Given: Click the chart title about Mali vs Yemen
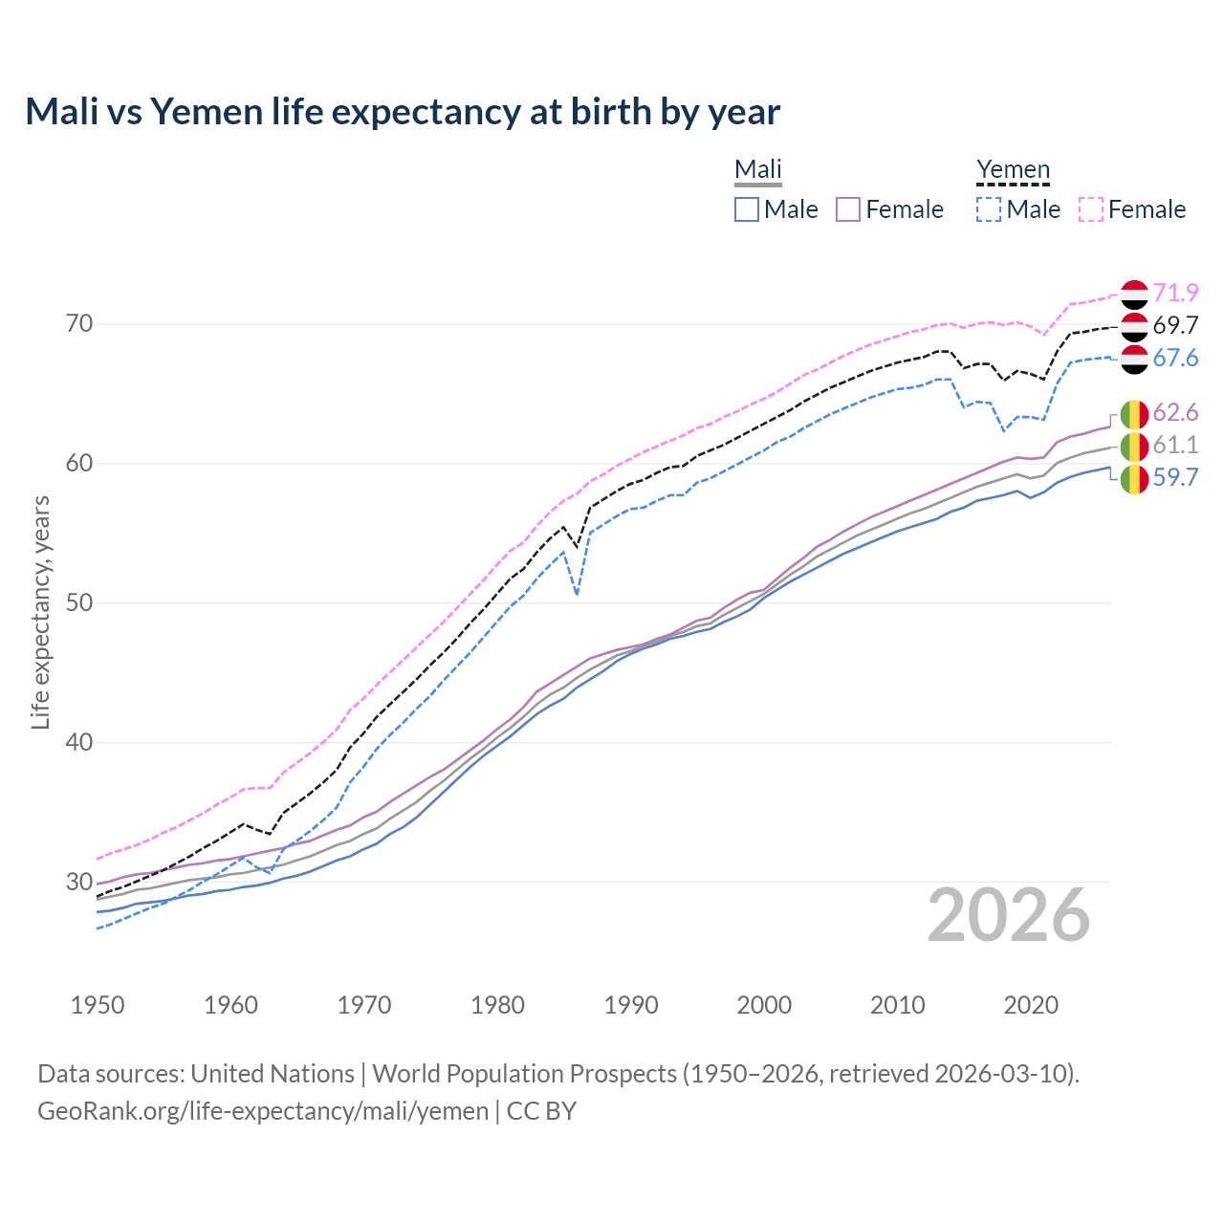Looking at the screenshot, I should (x=403, y=112).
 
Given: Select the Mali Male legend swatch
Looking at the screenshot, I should (x=747, y=209).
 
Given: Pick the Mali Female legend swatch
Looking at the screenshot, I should (x=848, y=209).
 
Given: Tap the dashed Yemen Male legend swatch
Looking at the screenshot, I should (x=989, y=209).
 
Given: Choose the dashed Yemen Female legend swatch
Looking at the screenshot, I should (x=1091, y=209).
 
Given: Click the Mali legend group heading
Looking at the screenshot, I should (x=757, y=169).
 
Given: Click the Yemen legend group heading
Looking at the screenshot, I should (x=1013, y=169).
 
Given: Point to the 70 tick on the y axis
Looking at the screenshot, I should (x=79, y=324).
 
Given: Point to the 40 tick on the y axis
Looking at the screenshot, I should (x=79, y=742).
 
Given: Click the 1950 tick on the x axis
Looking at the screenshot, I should (x=98, y=1005).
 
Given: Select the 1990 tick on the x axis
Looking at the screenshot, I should (x=631, y=1005).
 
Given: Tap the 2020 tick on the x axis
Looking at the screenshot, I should (x=1031, y=1005).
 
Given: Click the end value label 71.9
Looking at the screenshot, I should (x=1175, y=293).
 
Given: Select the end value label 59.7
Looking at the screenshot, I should (x=1175, y=477).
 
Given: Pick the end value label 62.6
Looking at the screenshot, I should (x=1175, y=412).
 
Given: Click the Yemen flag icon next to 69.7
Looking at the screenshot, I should (x=1134, y=326).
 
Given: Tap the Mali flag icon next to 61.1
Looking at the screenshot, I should (x=1134, y=445).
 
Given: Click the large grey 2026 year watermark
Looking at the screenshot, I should (x=1009, y=915).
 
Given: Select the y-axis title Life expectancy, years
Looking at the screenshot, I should (x=40, y=612).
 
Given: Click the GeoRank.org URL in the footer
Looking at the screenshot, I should (x=263, y=1110).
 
